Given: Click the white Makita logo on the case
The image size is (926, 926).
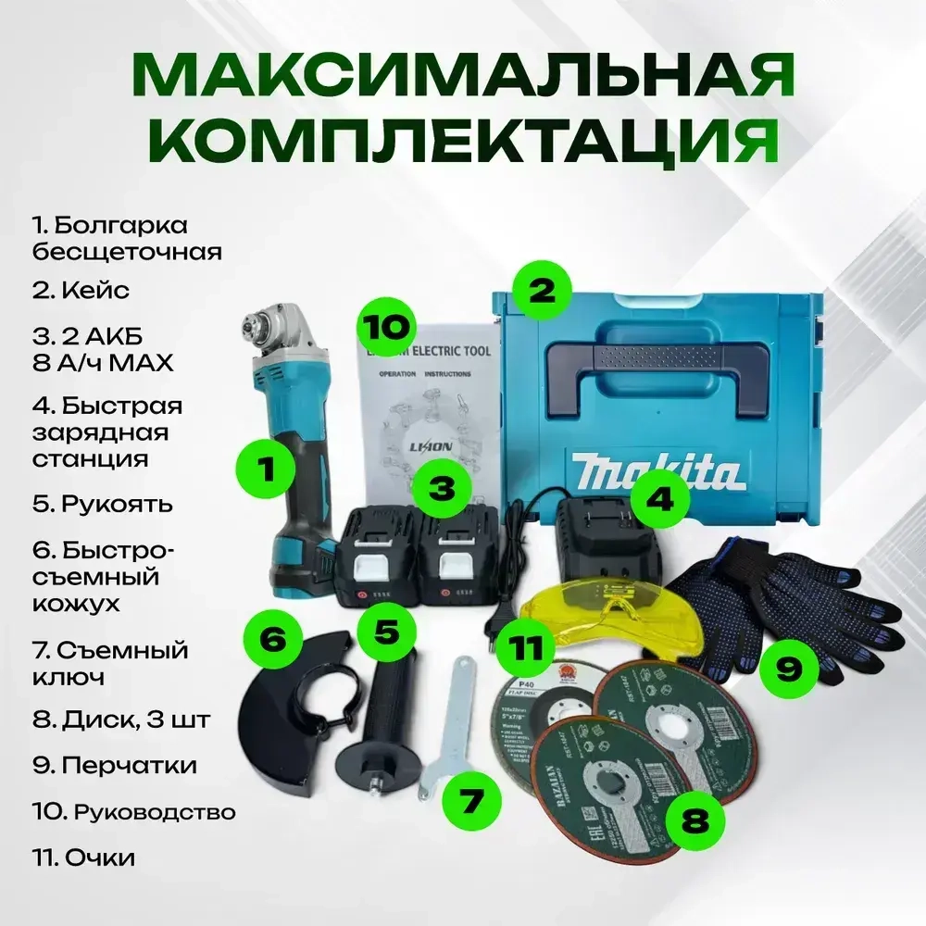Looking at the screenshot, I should (657, 470).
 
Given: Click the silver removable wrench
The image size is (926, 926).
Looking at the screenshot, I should (444, 722).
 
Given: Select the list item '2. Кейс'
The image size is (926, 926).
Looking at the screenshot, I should (81, 290).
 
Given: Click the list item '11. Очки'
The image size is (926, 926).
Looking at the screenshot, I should (82, 857).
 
